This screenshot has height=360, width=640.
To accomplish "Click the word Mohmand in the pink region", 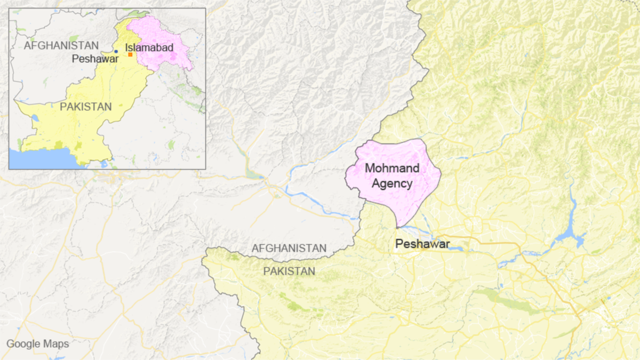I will point(392,169).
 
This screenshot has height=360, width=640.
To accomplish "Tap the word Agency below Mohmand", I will point(392,184).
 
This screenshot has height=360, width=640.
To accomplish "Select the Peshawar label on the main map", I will point(422,244).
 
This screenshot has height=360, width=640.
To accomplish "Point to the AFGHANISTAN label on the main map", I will point(289,248).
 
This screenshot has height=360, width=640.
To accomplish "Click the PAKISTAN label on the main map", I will point(289,271).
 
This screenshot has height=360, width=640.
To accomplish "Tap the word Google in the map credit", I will point(22,344).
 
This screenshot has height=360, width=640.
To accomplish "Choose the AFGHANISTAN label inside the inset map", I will point(61,46).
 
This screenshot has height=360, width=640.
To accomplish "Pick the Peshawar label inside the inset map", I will point(95,59).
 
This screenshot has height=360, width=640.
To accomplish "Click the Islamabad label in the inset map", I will point(149,48).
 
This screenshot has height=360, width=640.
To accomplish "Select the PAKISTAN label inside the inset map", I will point(85,107).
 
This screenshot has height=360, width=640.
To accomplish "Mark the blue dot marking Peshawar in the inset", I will point(116,52).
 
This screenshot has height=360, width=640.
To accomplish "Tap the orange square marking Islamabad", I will point(130,54).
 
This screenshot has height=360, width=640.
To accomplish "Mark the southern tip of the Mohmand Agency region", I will point(397,227).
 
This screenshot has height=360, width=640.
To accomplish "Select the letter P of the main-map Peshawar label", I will point(398,244).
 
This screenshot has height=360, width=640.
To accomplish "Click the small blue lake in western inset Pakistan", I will point(35,117).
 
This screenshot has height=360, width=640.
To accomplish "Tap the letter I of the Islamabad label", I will point(127,48).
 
